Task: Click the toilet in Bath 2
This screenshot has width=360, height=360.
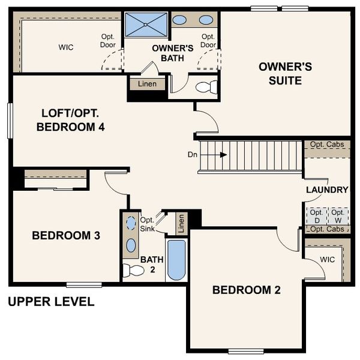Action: [133, 270]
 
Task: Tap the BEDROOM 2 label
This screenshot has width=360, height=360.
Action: [247, 290]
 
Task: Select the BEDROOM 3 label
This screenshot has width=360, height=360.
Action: [66, 236]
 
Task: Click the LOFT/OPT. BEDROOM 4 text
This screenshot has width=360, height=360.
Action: [71, 120]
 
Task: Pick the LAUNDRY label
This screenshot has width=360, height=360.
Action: [327, 190]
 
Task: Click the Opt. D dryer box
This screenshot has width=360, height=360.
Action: [316, 216]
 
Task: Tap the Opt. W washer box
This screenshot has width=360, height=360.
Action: [338, 216]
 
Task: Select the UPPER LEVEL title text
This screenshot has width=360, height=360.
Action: [51, 302]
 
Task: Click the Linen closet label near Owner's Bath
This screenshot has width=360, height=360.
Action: [147, 84]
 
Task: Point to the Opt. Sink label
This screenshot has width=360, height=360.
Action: [147, 224]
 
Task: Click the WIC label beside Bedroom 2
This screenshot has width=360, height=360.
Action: [327, 260]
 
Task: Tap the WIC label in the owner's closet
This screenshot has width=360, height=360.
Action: [66, 47]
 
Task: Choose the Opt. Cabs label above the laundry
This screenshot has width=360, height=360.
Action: [327, 145]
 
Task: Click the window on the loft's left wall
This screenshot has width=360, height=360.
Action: [10, 120]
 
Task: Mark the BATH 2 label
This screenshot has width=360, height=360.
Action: [152, 265]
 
